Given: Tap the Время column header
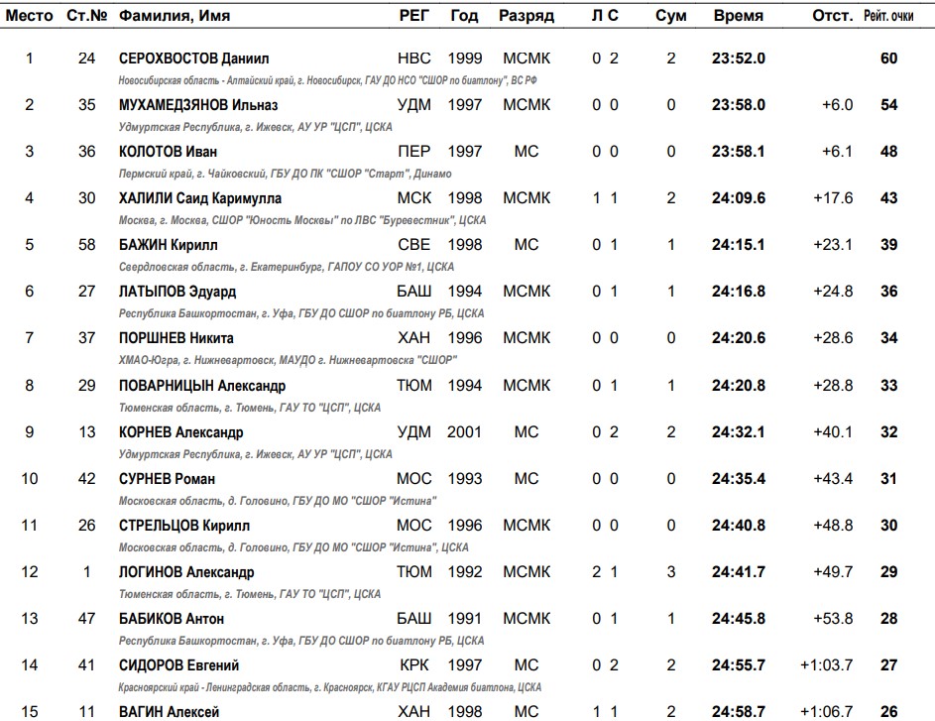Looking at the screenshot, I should tap(738, 16).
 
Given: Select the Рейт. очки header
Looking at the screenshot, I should tap(888, 16).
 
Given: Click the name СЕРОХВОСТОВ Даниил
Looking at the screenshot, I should tap(193, 59).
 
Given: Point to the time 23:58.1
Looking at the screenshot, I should tap(738, 152).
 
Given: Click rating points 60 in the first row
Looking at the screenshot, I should tap(888, 59).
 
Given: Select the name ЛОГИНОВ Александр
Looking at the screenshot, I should tap(186, 572).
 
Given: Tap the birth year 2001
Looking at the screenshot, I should tap(464, 432).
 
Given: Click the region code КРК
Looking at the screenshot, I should tap(413, 665).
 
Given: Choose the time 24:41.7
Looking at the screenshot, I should tap(738, 572).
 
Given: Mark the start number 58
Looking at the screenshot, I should tap(87, 245).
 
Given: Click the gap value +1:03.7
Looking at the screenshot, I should tap(827, 665).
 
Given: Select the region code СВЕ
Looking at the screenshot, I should tap(413, 245).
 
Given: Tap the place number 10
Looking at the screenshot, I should tap(30, 479).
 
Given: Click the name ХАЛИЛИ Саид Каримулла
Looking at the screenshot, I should tap(199, 198).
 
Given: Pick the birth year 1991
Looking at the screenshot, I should tap(464, 619).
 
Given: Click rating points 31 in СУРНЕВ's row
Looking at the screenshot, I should tap(888, 479).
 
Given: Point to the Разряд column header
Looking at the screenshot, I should tap(526, 16).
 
